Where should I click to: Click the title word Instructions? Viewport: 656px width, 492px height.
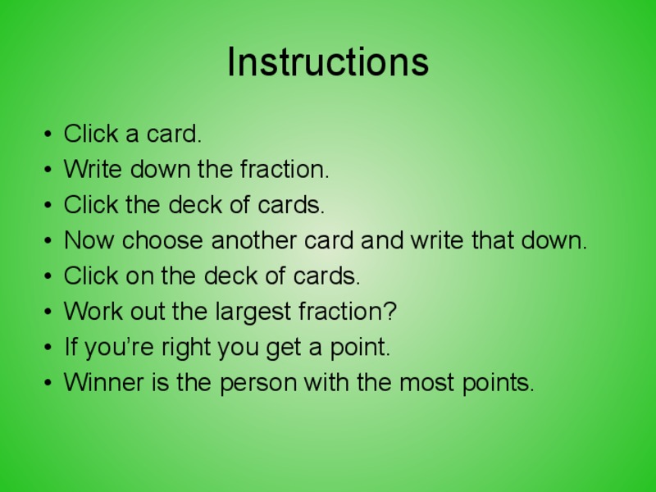point(328,62)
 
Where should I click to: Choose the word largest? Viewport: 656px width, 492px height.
point(249,312)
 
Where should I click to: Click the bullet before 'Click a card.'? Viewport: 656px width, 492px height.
point(48,134)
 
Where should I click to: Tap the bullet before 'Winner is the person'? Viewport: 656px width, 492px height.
point(48,383)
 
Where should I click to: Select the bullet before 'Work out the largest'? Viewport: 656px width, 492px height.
point(48,312)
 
